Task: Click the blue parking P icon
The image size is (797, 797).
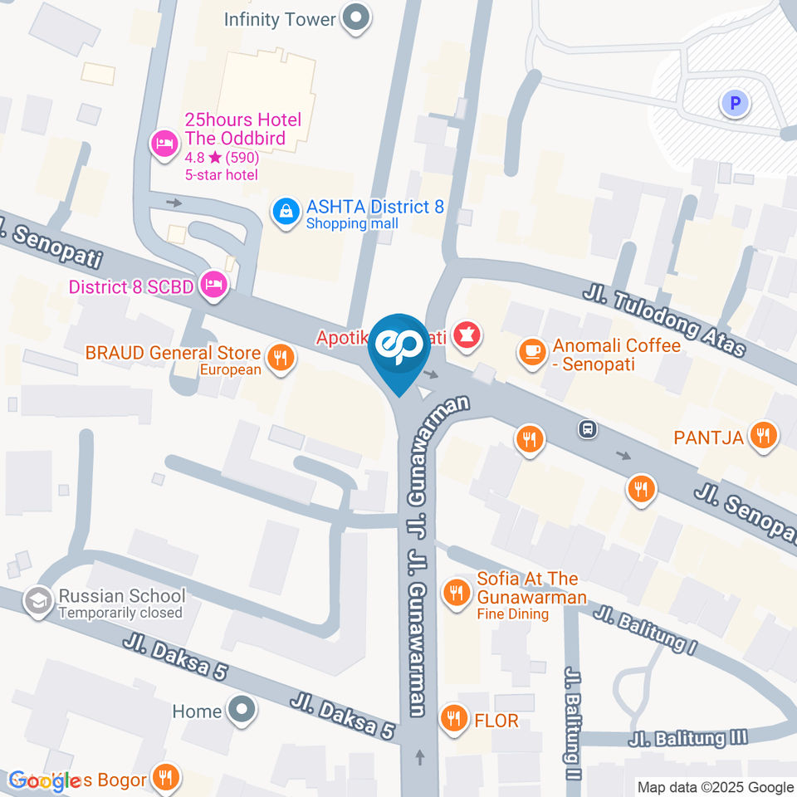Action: (734, 103)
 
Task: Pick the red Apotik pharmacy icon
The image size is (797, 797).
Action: (468, 338)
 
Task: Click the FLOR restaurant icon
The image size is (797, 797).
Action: (453, 718)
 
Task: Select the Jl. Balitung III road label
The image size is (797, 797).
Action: (688, 738)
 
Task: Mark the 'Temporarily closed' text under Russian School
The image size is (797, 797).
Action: (120, 613)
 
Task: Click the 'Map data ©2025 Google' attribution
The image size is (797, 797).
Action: (715, 787)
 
